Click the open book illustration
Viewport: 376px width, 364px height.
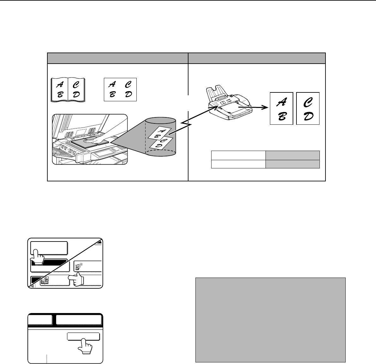pyautogui.click(x=68, y=90)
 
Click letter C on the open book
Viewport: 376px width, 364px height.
pyautogui.click(x=76, y=85)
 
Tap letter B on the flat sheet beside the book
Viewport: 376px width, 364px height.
pyautogui.click(x=112, y=94)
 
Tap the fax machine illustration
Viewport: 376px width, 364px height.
pyautogui.click(x=229, y=102)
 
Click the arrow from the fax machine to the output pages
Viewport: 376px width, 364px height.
pyautogui.click(x=253, y=108)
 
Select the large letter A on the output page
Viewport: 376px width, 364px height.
pyautogui.click(x=282, y=102)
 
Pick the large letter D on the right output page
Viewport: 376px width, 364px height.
pyautogui.click(x=308, y=116)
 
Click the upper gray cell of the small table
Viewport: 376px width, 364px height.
pyautogui.click(x=293, y=155)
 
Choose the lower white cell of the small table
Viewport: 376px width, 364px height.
pyautogui.click(x=238, y=164)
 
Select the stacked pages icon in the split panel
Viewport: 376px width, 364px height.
pyautogui.click(x=45, y=280)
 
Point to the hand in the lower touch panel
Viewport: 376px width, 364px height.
pyautogui.click(x=85, y=346)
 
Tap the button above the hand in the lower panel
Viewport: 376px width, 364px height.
pyautogui.click(x=83, y=336)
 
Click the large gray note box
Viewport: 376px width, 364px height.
pyautogui.click(x=271, y=320)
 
